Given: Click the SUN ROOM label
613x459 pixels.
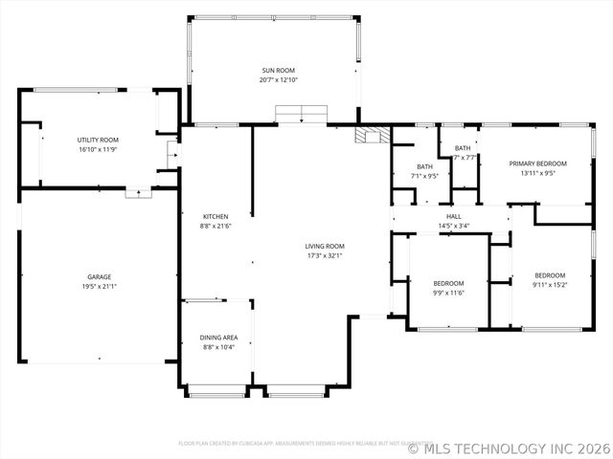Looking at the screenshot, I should [279, 70].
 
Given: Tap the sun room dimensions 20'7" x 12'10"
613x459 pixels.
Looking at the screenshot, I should [279, 80].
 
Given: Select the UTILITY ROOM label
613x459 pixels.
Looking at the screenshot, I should [98, 140].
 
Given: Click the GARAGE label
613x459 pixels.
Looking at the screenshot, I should [99, 276].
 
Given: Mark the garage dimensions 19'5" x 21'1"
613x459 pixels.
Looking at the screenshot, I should [99, 287].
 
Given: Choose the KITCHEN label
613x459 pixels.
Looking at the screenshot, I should [216, 216].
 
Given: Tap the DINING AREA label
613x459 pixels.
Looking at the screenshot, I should [219, 337].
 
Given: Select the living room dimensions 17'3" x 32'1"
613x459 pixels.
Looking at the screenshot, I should [325, 255].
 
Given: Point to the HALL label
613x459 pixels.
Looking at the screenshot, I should [454, 216].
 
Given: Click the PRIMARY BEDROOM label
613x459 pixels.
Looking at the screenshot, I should [537, 164].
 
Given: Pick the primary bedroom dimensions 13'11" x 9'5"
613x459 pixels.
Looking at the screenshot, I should [537, 174].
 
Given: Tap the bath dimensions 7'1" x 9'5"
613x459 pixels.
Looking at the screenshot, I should [424, 176].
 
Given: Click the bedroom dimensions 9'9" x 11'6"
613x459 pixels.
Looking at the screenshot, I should [448, 294].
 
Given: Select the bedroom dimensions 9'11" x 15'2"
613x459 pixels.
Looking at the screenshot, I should [550, 285].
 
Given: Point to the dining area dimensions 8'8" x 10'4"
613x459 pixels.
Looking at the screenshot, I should [219, 347].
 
